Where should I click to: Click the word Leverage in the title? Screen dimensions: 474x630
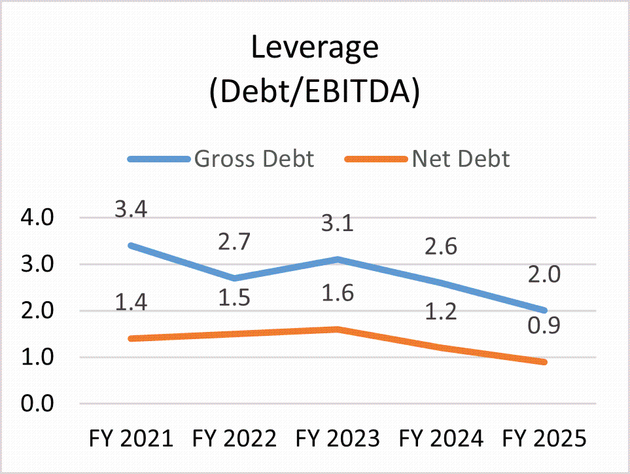click(x=315, y=49)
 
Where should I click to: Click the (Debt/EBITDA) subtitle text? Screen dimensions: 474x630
click(x=315, y=92)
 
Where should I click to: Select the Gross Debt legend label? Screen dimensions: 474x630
click(x=254, y=158)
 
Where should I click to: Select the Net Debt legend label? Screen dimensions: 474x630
click(x=461, y=158)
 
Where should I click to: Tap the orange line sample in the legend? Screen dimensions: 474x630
click(x=376, y=159)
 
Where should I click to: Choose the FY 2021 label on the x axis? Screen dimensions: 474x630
click(x=131, y=438)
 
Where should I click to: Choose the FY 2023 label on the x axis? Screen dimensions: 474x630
click(x=337, y=438)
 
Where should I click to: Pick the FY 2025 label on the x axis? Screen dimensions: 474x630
click(x=543, y=438)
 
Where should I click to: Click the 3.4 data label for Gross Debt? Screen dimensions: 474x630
click(x=131, y=211)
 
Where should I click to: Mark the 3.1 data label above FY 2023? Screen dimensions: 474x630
click(x=337, y=225)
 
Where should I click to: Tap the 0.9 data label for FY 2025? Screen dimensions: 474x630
click(x=544, y=325)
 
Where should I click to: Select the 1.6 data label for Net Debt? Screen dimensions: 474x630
click(x=337, y=293)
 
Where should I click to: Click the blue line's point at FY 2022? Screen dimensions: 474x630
click(x=234, y=278)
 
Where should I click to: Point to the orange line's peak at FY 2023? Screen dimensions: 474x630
click(x=337, y=329)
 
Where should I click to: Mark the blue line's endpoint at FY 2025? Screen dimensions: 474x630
click(x=543, y=310)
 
